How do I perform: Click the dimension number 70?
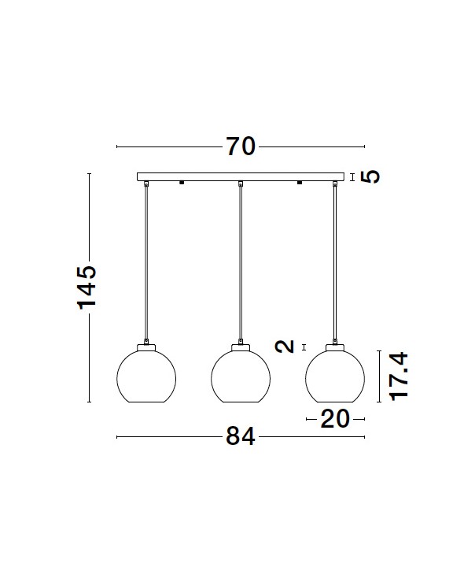(x=241, y=146)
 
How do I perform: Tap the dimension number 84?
(x=241, y=436)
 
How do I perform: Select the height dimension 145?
(x=87, y=287)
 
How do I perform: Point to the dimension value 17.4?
(x=399, y=376)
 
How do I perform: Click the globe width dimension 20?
(x=335, y=419)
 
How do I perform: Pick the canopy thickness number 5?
(x=370, y=176)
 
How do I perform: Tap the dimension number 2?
(x=285, y=347)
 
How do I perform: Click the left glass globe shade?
(x=146, y=376)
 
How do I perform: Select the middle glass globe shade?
(x=241, y=376)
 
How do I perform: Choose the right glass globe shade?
(x=335, y=376)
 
